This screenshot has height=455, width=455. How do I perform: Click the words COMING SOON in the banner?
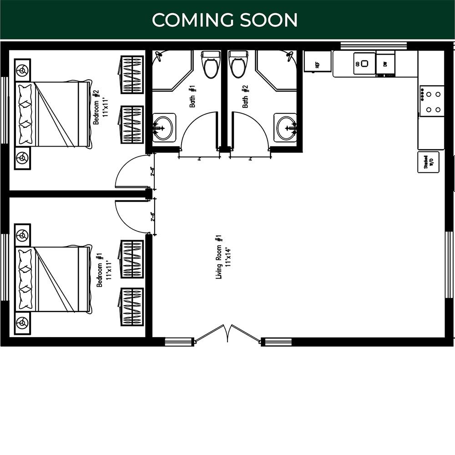click(225, 20)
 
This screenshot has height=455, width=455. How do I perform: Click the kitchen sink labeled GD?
click(364, 64)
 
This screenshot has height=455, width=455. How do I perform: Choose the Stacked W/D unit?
click(428, 162)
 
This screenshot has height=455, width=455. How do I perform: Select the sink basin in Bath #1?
click(164, 127)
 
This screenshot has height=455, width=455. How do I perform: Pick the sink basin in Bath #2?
click(285, 127)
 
